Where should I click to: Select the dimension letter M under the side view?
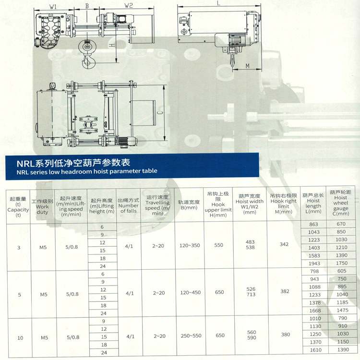pos(248,65)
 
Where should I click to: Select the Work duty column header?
pos(42,205)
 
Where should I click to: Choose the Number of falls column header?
pos(128,205)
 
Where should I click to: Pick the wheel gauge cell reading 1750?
pos(341,263)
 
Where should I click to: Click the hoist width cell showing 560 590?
pos(252,335)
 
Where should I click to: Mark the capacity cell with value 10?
pos(20,338)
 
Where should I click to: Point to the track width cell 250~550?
pos(190,336)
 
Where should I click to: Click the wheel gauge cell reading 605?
pos(341,271)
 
